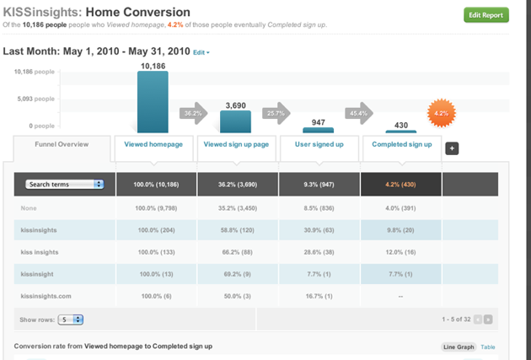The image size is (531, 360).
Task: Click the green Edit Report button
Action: point(486,15)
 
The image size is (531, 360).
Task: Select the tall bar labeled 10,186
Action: point(153,101)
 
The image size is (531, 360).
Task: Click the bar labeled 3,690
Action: point(235,121)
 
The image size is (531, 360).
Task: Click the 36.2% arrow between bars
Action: point(193,112)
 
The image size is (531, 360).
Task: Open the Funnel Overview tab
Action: point(62,144)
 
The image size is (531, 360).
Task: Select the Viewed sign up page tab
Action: point(237,144)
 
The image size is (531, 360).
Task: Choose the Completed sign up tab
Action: point(402,144)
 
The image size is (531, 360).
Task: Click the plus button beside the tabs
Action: point(452,148)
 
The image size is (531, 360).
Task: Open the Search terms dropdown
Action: point(64,184)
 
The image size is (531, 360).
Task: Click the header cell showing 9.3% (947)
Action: point(319,184)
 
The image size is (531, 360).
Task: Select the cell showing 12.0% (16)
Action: point(401,251)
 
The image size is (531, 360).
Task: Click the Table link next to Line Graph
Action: point(488,347)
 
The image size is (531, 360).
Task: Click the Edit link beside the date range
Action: point(201,52)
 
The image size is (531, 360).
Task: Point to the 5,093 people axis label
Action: point(35,99)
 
